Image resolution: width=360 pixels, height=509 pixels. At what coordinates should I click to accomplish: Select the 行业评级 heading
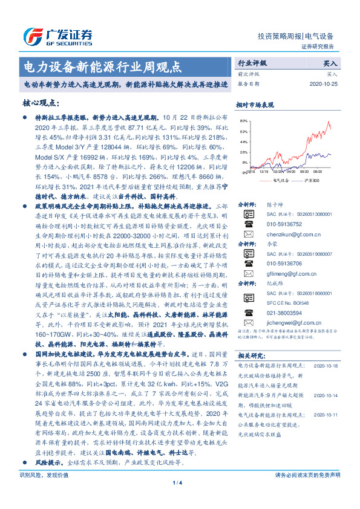click(251, 63)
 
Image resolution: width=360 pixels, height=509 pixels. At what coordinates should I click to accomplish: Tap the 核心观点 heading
click(39, 103)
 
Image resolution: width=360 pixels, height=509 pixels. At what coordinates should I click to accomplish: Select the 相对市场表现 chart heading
click(258, 104)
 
